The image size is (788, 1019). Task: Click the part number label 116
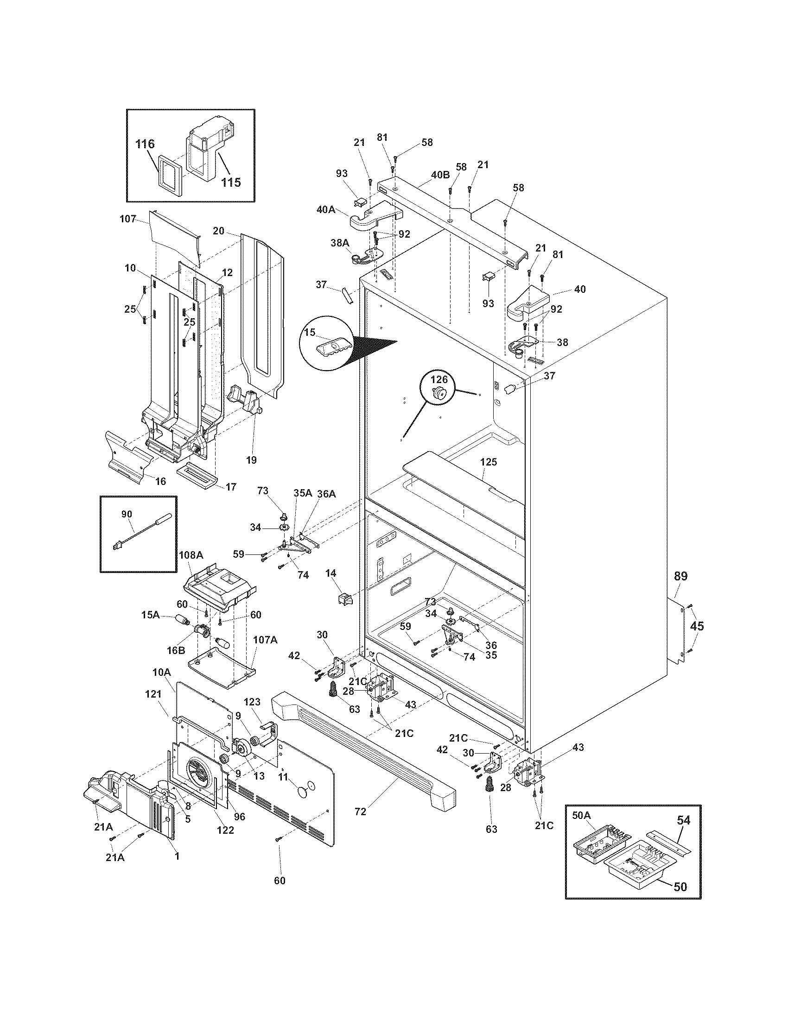pyautogui.click(x=145, y=144)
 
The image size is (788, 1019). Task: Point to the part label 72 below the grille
pyautogui.click(x=360, y=812)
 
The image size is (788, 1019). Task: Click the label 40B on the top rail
pyautogui.click(x=440, y=176)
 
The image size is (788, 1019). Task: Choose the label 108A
pyautogui.click(x=191, y=555)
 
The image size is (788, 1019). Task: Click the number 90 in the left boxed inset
pyautogui.click(x=127, y=514)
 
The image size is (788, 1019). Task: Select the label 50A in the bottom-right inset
pyautogui.click(x=581, y=815)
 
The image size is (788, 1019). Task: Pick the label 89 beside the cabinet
pyautogui.click(x=680, y=576)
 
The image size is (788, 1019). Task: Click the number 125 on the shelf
pyautogui.click(x=488, y=462)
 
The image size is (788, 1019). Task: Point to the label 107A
pyautogui.click(x=265, y=640)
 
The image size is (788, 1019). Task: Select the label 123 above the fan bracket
pyautogui.click(x=252, y=702)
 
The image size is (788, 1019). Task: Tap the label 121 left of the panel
pyautogui.click(x=153, y=707)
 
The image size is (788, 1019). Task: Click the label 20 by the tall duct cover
pyautogui.click(x=218, y=231)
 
